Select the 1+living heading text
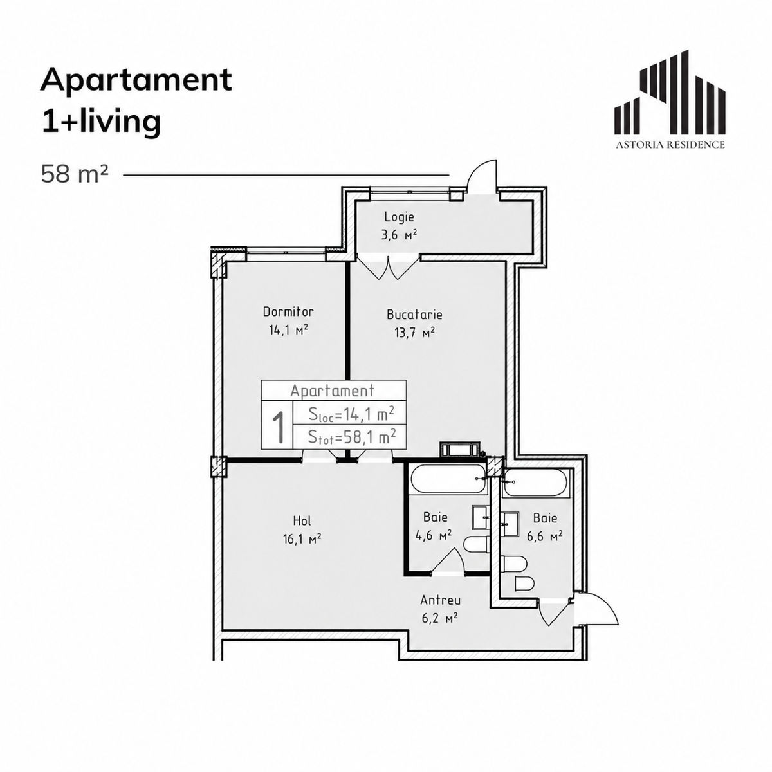(101, 122)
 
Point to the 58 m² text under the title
(75, 175)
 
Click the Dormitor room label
(288, 311)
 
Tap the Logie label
(399, 217)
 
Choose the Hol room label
(302, 521)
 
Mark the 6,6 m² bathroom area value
(544, 536)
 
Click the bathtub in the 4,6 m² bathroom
(449, 479)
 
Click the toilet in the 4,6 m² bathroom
(476, 545)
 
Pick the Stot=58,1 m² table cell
(350, 437)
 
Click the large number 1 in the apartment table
(278, 427)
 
